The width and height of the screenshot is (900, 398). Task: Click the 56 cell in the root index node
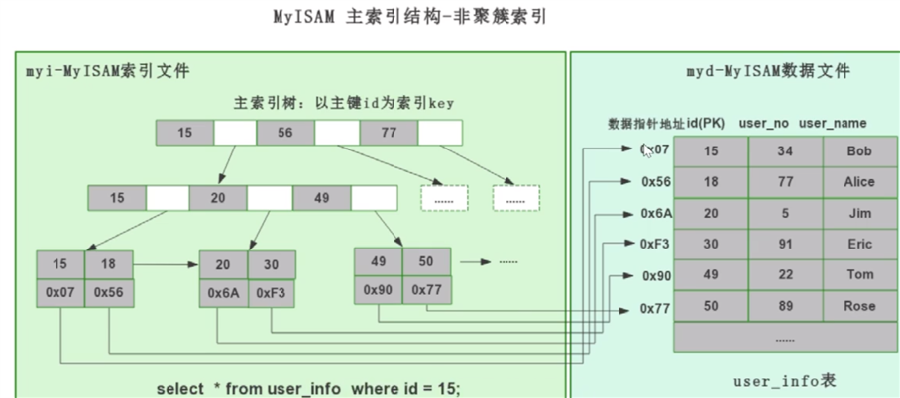[x=285, y=132]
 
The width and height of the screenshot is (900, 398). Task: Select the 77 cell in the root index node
[x=386, y=132]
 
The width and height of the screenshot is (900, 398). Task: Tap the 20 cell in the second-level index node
[x=218, y=198]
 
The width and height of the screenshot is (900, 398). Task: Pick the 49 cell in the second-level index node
[x=321, y=198]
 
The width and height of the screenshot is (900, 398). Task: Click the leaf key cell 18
[x=108, y=265]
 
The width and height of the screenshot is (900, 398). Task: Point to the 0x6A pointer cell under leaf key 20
[x=223, y=293]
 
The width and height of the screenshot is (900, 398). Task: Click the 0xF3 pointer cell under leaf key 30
[x=272, y=293]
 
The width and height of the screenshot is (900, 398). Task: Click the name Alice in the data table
[x=859, y=182]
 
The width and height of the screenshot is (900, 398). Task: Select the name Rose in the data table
[x=859, y=307]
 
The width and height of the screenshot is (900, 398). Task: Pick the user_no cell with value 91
[x=785, y=245]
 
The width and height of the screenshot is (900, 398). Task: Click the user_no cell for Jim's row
[x=785, y=213]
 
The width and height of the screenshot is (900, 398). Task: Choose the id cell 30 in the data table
[x=711, y=245]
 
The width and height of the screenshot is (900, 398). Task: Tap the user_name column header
[x=833, y=123]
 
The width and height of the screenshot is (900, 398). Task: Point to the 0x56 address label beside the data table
[x=656, y=182]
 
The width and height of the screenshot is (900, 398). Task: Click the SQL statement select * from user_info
[x=308, y=387]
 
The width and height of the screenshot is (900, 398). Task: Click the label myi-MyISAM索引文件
[x=106, y=71]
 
